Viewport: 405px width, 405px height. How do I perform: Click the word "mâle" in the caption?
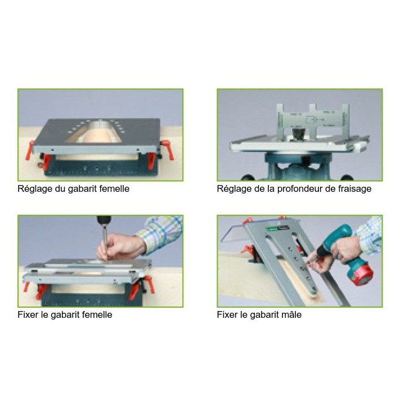pos(291,315)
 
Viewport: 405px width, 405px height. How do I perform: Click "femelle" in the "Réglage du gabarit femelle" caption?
pos(113,189)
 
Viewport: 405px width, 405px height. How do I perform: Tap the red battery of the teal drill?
pos(359,273)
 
